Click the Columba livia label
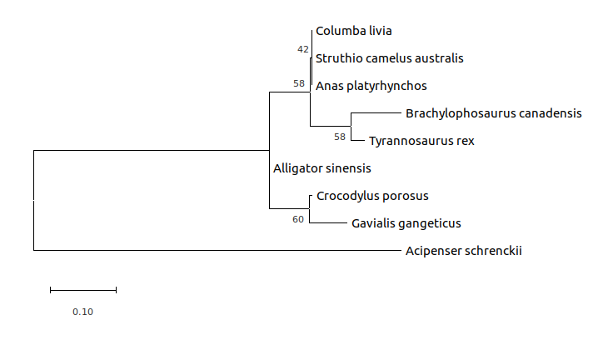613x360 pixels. (x=353, y=32)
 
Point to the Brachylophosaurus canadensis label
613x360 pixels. (x=493, y=114)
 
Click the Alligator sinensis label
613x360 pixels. (x=321, y=169)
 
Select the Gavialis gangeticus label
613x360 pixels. (x=406, y=224)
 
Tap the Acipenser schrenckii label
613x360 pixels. (x=463, y=251)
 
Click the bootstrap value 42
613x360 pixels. (x=303, y=50)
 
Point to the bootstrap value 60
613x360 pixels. (x=298, y=220)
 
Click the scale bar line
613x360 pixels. (x=83, y=290)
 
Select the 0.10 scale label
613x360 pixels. (x=83, y=312)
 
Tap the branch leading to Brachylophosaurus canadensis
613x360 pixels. (x=376, y=113)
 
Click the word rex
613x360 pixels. (x=463, y=142)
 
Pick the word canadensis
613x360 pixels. (x=546, y=114)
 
